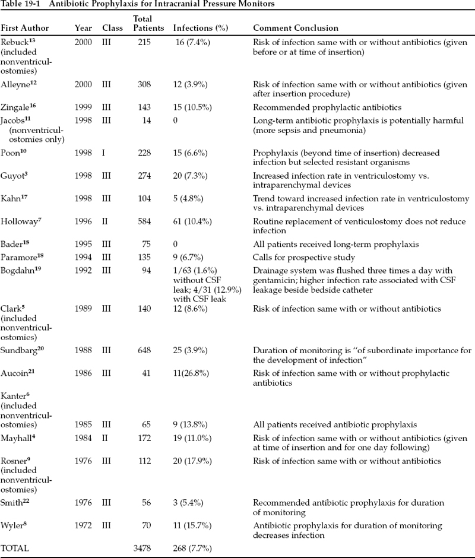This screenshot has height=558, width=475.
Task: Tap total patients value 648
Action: point(142,351)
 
